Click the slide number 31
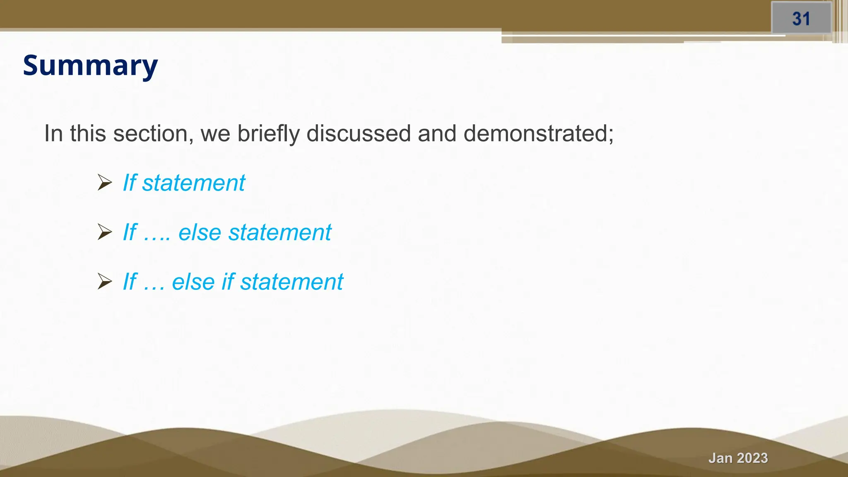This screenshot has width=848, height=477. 801,19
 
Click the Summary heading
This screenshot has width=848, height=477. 90,65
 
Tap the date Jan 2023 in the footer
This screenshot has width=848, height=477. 738,458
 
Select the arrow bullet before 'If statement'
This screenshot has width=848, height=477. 104,183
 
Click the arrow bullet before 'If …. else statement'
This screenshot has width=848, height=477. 104,232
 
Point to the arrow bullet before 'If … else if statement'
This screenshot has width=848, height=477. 104,282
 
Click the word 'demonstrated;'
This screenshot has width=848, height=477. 538,134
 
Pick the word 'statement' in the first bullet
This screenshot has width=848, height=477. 193,183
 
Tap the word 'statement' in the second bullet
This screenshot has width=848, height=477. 280,232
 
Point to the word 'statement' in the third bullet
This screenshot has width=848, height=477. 291,282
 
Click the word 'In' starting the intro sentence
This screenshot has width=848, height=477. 53,134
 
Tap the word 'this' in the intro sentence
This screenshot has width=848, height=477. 88,134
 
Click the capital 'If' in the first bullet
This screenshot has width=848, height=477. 130,183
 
